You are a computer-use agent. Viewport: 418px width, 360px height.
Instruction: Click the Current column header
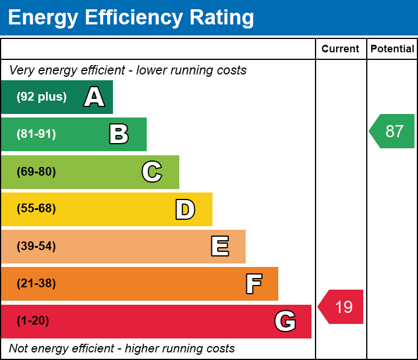340,49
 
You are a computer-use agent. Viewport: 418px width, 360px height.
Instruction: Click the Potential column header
392,49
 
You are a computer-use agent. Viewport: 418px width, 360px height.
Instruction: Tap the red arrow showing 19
341,306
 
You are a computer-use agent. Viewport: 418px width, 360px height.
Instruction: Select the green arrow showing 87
392,131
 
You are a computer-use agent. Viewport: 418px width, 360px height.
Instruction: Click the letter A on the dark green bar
94,97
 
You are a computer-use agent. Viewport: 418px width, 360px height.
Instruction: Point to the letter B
119,134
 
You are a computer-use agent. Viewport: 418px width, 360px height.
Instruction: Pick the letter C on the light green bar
152,172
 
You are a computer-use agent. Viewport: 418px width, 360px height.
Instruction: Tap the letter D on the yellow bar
185,209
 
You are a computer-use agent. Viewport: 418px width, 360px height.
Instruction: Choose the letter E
220,246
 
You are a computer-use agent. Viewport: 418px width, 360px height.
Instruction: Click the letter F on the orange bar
254,284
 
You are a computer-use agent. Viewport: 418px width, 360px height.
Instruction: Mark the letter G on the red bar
285,321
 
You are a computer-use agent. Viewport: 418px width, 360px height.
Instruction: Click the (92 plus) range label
41,97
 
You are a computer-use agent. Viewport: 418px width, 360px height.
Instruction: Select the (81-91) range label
36,134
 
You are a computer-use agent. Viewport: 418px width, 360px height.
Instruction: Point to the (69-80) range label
36,172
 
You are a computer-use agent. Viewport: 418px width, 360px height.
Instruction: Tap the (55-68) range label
36,208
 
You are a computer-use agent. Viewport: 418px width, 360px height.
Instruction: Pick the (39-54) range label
36,246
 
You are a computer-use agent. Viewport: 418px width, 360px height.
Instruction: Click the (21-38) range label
36,283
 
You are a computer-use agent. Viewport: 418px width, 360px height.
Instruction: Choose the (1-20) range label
33,320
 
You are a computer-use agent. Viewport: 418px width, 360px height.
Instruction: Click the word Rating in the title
222,17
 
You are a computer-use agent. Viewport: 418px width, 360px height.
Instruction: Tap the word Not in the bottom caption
17,348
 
